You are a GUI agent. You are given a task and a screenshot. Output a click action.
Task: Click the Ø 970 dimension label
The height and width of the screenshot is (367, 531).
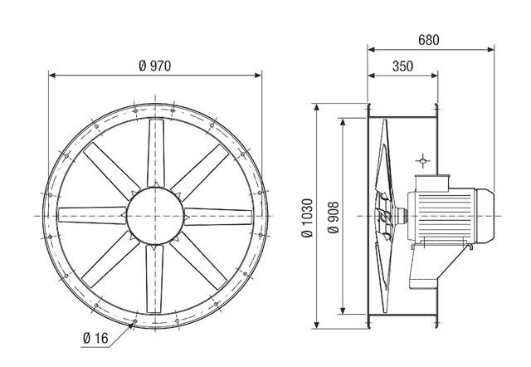(155, 66)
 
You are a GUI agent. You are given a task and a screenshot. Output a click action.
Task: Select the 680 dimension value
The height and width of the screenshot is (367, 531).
(426, 39)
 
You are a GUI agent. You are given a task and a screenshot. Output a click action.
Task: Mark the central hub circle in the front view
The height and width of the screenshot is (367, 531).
(155, 213)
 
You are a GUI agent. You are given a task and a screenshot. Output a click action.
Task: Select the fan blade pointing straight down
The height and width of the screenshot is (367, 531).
(155, 278)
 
